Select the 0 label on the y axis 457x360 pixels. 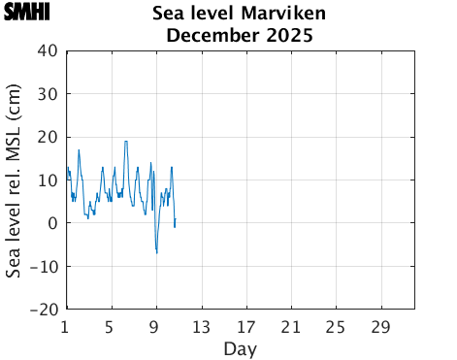[x=53, y=223]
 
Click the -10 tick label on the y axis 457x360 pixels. [x=45, y=266]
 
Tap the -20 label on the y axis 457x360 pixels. [x=45, y=310]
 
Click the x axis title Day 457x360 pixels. [x=240, y=347]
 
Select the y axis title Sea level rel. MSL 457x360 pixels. [x=15, y=180]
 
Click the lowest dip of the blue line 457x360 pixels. [x=156, y=252]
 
